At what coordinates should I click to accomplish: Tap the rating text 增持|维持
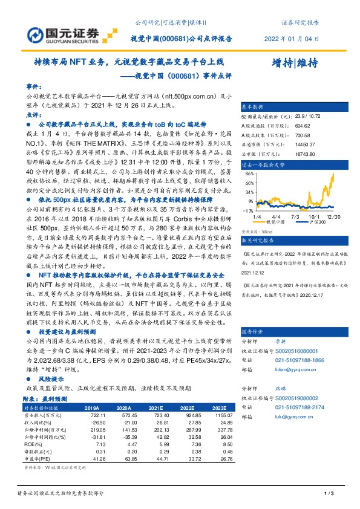click(x=295, y=63)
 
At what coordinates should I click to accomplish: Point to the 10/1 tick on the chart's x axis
click(x=315, y=216)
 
